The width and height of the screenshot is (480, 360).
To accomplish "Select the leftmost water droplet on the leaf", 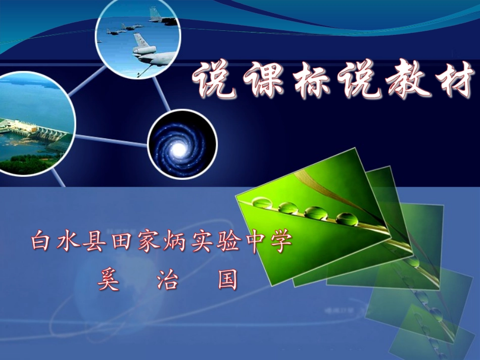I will click(x=262, y=203).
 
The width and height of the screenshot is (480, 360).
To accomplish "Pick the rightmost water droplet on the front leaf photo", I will click(x=347, y=219).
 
